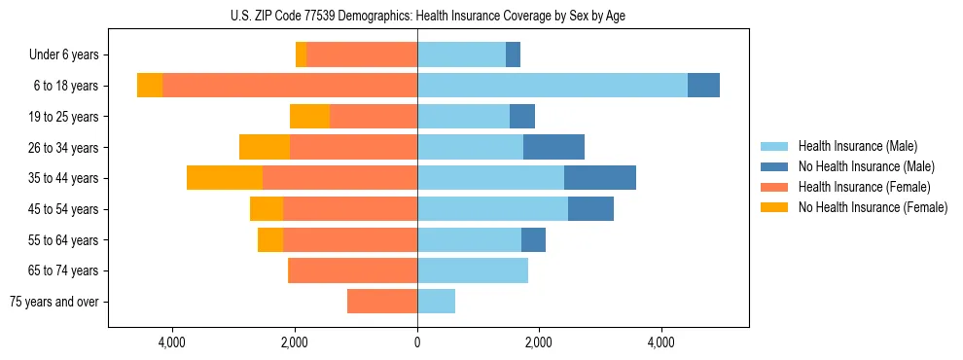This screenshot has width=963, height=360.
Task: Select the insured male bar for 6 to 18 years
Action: (552, 86)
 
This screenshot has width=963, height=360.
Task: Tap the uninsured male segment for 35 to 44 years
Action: (599, 178)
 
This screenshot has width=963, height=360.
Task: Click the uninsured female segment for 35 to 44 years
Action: (225, 178)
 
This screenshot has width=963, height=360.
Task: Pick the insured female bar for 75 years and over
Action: (382, 302)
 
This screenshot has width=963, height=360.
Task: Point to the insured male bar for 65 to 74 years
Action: (473, 270)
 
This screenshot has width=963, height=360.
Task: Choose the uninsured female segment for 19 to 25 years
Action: (309, 117)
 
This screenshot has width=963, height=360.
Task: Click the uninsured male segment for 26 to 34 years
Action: (553, 147)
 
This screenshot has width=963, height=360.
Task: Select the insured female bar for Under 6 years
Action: (362, 54)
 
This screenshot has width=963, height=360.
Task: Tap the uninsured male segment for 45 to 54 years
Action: (590, 209)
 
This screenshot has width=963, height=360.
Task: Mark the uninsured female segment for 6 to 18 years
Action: (150, 86)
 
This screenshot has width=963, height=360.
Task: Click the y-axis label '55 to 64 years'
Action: (63, 240)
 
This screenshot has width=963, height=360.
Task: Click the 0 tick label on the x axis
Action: (417, 342)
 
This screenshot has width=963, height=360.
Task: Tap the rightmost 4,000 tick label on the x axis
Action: (661, 342)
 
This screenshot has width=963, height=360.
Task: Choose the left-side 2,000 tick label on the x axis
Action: (295, 342)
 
